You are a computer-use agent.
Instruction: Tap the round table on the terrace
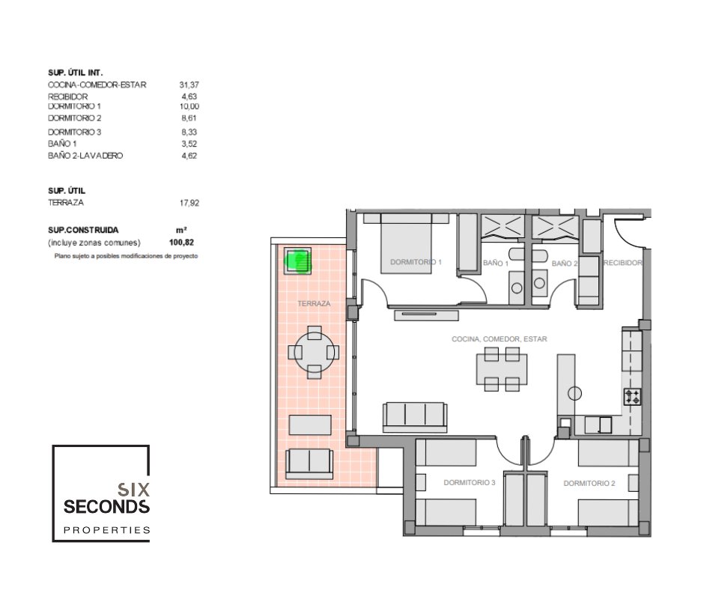coord(314,353)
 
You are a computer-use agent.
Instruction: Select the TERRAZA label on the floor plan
coord(314,303)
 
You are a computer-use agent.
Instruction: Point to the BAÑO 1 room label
coord(496,263)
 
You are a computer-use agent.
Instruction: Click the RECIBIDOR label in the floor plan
coord(622,263)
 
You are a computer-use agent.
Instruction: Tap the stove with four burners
coord(633,397)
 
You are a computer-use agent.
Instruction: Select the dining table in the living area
coord(502,369)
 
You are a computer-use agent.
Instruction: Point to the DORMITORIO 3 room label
coord(469,483)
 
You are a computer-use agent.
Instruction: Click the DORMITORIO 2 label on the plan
coord(589,484)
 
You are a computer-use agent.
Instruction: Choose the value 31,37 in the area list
coord(189,85)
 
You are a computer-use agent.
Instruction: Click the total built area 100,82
coord(181,243)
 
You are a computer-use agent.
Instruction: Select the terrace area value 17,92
coord(189,203)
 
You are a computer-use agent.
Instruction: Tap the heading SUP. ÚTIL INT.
coord(76,73)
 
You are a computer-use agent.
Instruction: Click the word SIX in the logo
coord(133,490)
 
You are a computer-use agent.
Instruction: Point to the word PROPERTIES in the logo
coord(107,530)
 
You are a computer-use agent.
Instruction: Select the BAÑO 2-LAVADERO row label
coord(85,156)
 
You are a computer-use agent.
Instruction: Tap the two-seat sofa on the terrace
coord(310,463)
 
